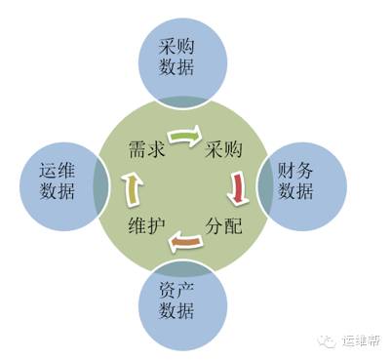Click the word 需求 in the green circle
tap(144, 151)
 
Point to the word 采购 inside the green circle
tap(223, 151)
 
